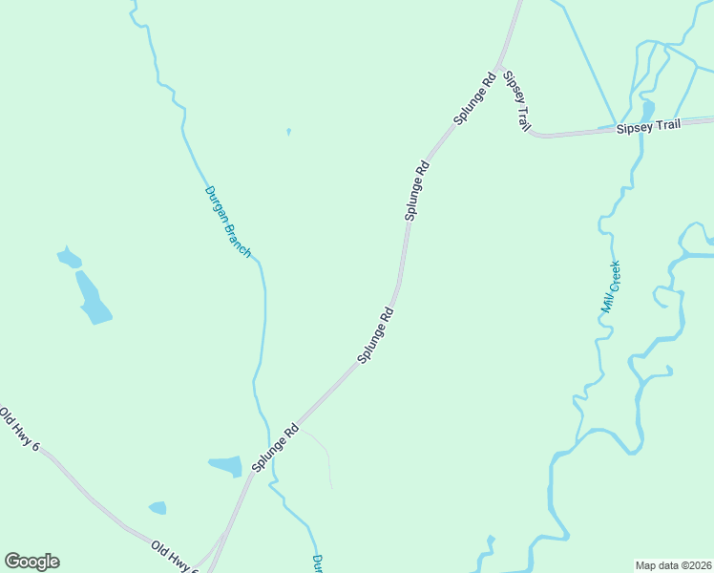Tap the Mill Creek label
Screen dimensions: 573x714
[x=611, y=286]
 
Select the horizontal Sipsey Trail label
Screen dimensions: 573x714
[x=648, y=126]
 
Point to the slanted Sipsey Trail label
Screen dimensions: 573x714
[x=516, y=100]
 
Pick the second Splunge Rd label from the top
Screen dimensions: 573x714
[x=417, y=191]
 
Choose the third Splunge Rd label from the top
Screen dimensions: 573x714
[x=376, y=333]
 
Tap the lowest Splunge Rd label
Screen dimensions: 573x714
[x=276, y=448]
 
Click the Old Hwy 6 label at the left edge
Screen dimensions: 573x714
[x=19, y=430]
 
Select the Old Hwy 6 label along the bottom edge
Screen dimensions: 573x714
[x=175, y=557]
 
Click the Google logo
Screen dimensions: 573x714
[x=31, y=562]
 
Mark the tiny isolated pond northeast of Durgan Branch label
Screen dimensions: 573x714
[x=288, y=132]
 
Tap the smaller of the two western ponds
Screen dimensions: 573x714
[x=69, y=257]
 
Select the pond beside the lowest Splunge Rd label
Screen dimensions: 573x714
[x=227, y=466]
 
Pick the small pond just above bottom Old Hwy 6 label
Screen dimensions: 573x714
[x=157, y=508]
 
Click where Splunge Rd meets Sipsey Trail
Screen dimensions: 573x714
[x=499, y=69]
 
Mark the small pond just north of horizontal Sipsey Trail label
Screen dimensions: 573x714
[x=648, y=109]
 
